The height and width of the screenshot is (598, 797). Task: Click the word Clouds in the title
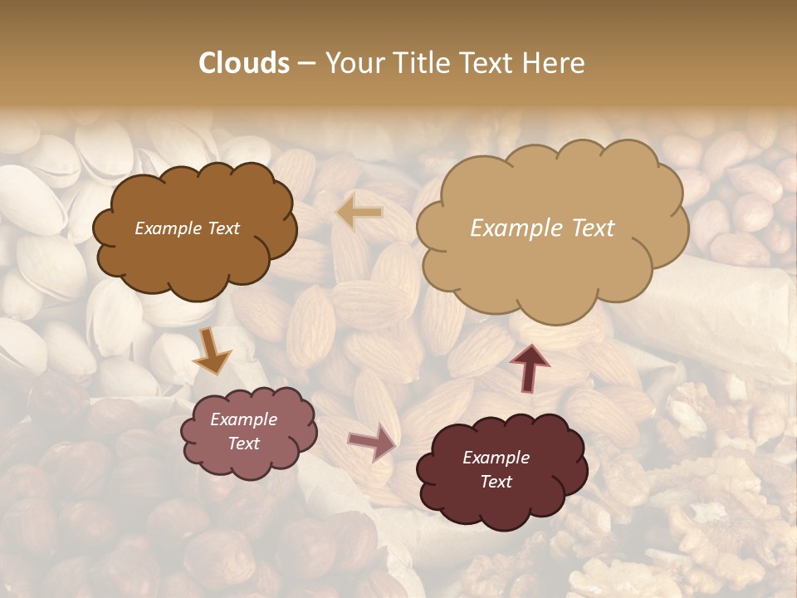pos(244,63)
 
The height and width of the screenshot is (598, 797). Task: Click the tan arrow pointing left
pos(359,213)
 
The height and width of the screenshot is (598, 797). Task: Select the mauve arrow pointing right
pos(373,441)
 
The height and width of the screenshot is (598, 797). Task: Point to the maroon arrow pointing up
pos(529,367)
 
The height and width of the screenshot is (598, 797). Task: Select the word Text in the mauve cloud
pos(244,444)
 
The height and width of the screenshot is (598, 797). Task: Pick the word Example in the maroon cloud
pos(496,458)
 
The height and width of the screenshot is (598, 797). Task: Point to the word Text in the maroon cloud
pos(496,482)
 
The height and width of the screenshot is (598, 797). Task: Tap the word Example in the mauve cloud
pos(244,419)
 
